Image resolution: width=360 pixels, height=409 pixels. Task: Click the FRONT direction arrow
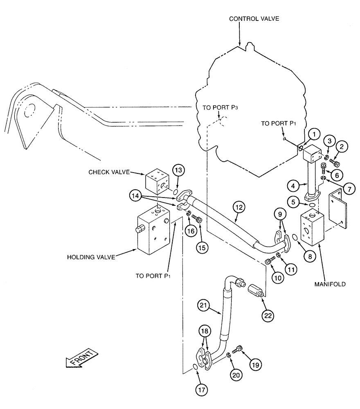(x=82, y=359)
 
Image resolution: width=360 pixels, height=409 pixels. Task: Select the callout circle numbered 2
(x=342, y=146)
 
